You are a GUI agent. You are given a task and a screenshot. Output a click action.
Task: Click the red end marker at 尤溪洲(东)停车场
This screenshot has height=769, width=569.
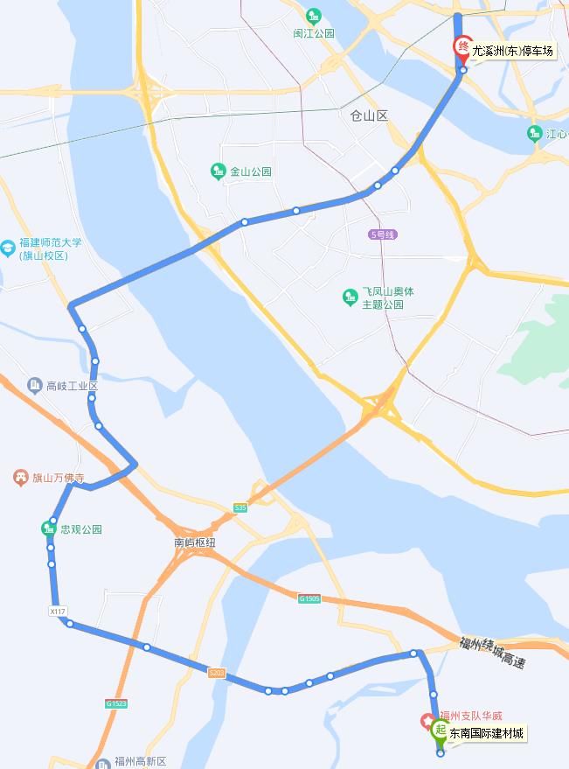tap(461, 48)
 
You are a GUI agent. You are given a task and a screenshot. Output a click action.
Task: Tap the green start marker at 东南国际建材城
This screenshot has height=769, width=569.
tap(440, 730)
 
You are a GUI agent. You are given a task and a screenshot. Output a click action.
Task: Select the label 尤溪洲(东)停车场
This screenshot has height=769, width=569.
tap(513, 51)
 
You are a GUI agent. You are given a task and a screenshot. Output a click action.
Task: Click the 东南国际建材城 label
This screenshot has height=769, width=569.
tap(488, 733)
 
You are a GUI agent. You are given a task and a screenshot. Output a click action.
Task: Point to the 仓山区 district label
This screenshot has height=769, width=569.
tap(368, 115)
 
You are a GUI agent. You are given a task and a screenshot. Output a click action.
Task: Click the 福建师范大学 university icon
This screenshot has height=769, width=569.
tap(9, 248)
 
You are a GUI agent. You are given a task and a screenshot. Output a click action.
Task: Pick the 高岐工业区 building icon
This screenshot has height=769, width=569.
tap(34, 385)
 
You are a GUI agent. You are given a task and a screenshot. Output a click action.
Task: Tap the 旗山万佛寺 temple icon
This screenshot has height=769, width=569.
tap(19, 478)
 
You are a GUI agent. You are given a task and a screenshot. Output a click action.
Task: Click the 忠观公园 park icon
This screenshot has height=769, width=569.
tap(49, 528)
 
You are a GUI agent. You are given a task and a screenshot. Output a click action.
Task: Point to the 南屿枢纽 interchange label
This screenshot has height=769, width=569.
tap(194, 542)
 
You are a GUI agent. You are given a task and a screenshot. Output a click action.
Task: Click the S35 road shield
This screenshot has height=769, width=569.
tap(240, 508)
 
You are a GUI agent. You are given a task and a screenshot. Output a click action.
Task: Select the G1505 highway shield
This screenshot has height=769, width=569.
tap(309, 598)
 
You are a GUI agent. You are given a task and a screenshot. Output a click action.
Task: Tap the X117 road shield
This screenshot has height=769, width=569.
tap(59, 612)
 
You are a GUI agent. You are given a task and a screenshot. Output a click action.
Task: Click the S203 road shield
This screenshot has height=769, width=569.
tap(217, 673)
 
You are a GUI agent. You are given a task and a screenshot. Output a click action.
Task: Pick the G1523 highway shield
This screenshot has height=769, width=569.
tap(116, 703)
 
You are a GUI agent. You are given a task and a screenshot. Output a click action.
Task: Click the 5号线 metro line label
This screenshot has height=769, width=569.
tap(383, 234)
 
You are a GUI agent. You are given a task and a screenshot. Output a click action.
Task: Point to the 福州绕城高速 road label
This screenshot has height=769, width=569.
tap(492, 652)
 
